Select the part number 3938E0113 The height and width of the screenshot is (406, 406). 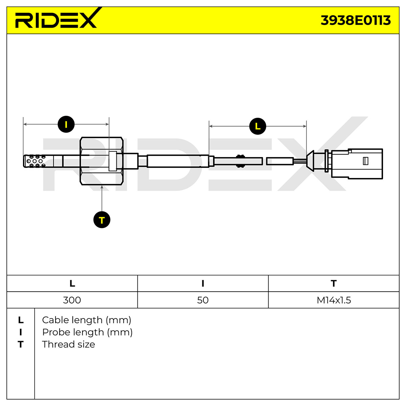356,20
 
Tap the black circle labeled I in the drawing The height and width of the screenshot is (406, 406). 66,124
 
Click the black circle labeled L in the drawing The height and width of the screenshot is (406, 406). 257,126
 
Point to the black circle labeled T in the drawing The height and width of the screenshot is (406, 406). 102,220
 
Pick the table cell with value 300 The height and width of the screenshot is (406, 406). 72,300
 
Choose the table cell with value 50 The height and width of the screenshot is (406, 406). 203,300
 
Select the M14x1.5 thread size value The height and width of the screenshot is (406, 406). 334,300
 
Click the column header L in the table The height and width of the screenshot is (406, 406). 72,284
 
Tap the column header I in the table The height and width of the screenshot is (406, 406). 203,284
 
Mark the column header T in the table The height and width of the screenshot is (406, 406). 334,284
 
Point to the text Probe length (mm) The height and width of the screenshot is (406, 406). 87,332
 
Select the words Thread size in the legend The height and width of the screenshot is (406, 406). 68,344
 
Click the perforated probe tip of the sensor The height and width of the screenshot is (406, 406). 35,161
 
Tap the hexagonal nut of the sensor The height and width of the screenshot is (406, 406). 101,161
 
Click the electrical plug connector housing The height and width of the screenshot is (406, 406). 357,164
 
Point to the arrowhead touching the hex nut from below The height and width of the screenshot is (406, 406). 102,187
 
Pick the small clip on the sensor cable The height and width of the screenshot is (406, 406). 240,161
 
